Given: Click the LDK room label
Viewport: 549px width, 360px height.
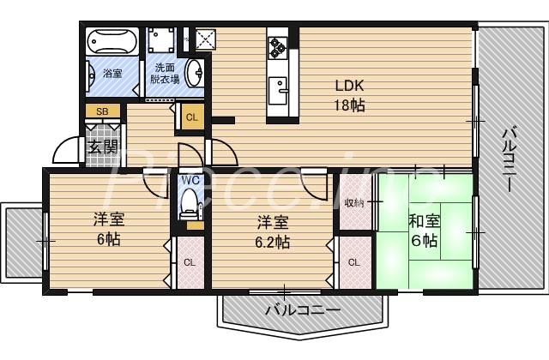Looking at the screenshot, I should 349,86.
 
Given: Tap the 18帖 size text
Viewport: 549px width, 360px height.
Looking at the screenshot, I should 349,105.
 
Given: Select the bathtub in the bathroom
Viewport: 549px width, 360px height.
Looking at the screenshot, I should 112,42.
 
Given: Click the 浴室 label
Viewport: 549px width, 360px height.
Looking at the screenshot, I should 112,74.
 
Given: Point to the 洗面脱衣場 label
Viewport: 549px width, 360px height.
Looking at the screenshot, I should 164,74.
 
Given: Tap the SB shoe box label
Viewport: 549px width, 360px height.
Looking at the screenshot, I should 101,111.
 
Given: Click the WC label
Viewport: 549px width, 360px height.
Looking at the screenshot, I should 190,180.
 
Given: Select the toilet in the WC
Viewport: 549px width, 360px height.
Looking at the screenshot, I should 190,206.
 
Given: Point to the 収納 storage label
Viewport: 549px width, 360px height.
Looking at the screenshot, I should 354,203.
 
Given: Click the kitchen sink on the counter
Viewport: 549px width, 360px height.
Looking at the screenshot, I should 278,89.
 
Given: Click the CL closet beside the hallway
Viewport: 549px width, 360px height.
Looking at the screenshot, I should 191,117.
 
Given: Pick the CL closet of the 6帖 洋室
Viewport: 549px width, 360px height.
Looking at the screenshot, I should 189,261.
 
